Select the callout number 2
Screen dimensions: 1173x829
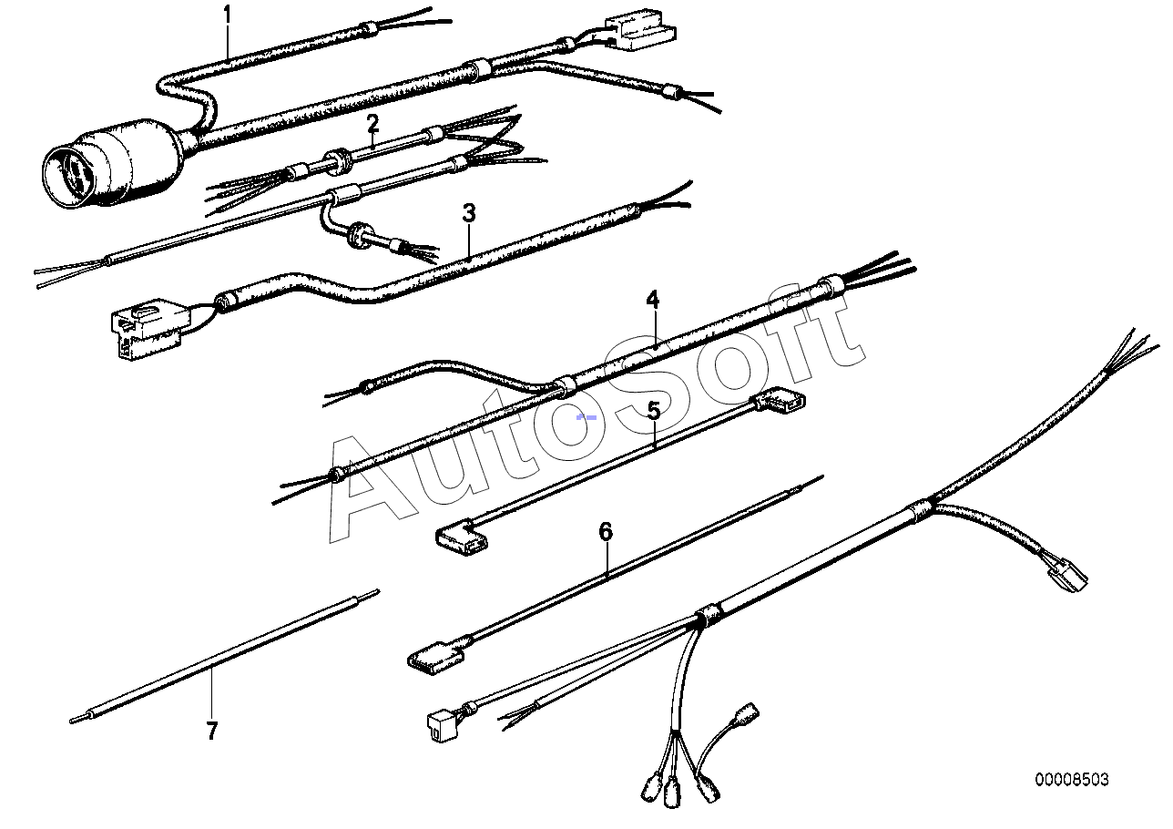(372, 122)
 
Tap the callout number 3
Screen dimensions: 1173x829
(469, 214)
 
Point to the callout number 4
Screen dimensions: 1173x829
(652, 300)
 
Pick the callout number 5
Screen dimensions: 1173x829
(654, 411)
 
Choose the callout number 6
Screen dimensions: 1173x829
(607, 531)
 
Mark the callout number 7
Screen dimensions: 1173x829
(212, 731)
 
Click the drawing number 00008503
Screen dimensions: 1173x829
(1071, 780)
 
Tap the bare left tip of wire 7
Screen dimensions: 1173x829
(74, 721)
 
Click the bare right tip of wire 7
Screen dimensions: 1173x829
(374, 592)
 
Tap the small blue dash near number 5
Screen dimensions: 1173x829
(588, 416)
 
